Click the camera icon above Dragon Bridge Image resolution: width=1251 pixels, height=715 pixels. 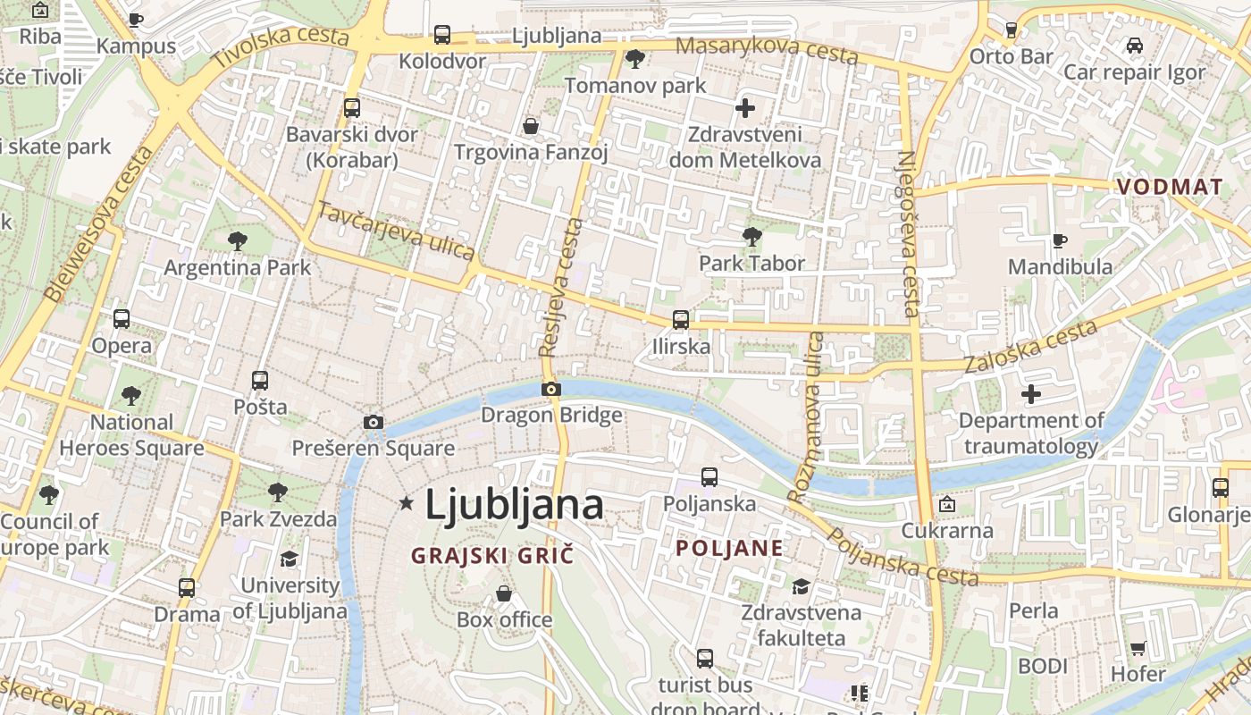550,389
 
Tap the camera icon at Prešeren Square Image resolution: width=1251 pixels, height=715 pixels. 374,422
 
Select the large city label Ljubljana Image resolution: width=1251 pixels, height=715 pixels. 514,505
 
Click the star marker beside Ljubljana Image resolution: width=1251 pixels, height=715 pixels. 407,503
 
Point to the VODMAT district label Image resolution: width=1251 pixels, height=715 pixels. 1169,187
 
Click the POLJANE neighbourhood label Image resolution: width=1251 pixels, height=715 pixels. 729,548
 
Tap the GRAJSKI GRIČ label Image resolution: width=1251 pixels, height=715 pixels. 491,556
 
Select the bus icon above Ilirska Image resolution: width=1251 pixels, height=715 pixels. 680,319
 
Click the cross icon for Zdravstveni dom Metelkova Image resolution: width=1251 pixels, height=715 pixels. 744,109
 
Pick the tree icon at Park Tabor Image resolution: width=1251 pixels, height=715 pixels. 751,236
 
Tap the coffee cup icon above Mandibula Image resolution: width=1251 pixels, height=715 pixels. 1059,240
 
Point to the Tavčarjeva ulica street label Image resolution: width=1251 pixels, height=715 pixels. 396,231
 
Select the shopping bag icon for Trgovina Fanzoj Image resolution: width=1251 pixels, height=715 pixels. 530,126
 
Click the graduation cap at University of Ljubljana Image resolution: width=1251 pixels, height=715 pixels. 289,559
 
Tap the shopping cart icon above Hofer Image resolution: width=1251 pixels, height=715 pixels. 1138,648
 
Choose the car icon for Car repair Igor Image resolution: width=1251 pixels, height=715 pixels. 1134,46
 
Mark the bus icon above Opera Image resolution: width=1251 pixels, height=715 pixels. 122,319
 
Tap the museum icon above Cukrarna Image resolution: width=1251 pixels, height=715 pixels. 946,505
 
